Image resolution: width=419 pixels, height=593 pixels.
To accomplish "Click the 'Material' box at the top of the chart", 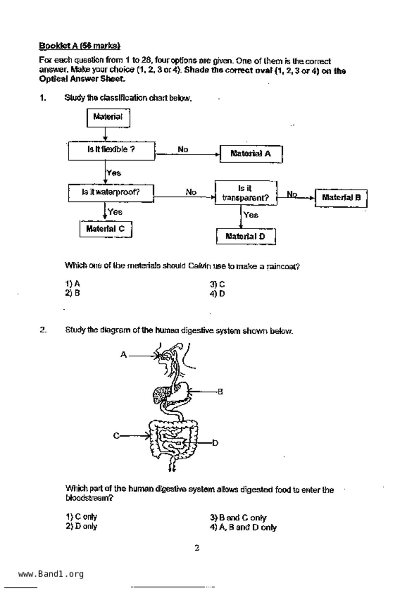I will click(x=108, y=117).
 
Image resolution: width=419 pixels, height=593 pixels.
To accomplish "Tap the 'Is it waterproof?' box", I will click(x=111, y=193).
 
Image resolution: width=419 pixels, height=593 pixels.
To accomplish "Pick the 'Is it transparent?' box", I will click(x=246, y=193).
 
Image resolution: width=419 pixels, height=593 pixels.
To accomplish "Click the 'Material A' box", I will click(x=251, y=154).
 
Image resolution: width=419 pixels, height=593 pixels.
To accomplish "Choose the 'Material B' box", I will click(x=341, y=198).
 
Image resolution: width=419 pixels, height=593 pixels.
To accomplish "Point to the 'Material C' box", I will click(x=106, y=229).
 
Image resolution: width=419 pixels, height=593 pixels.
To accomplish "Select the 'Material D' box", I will click(x=246, y=236).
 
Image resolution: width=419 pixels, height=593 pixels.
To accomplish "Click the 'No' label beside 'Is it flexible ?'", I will click(x=183, y=149).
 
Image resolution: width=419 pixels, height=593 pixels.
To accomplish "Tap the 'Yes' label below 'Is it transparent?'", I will click(x=251, y=215).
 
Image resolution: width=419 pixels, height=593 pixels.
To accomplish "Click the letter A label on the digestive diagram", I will click(x=124, y=355).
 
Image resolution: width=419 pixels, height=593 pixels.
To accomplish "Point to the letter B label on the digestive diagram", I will click(x=220, y=392).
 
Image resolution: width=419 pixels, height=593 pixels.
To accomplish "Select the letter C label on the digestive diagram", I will click(x=116, y=436).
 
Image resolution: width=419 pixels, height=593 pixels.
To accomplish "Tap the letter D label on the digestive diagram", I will click(x=215, y=443).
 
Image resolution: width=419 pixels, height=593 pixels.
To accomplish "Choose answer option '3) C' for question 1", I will click(x=217, y=284).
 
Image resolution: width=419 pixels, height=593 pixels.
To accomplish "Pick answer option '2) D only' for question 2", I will click(x=81, y=526).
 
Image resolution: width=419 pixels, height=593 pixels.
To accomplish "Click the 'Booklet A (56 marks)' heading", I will click(x=80, y=46).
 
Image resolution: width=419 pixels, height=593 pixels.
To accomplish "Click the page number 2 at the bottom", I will click(x=197, y=548).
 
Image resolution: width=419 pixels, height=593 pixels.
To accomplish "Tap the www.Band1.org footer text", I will click(x=51, y=574).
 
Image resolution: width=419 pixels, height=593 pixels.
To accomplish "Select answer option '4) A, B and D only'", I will click(x=243, y=527).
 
